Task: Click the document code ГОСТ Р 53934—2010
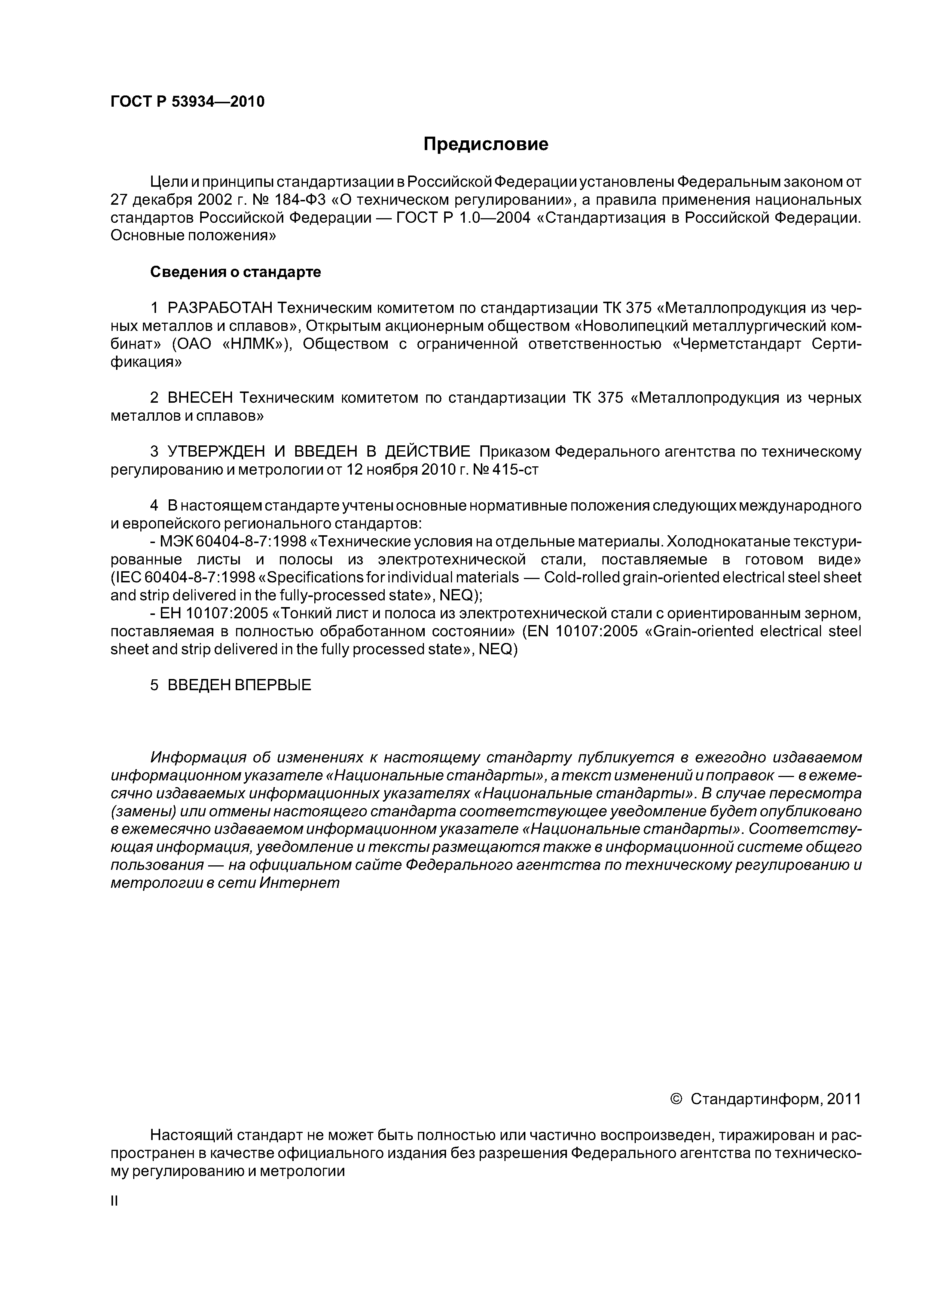pos(187,102)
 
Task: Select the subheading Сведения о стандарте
pos(236,272)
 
